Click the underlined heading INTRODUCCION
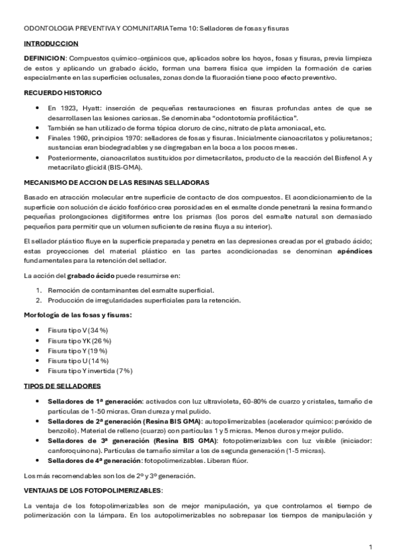(50, 43)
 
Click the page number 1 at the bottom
(370, 547)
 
